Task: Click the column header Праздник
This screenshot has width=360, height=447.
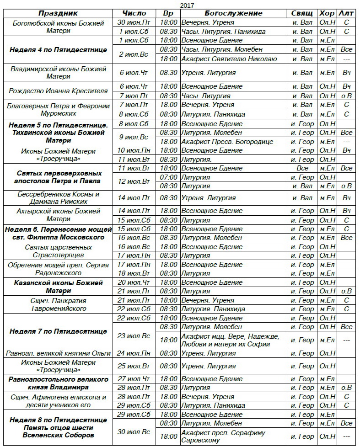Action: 58,13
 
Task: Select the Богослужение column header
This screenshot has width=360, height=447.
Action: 233,13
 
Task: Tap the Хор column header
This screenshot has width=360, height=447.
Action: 327,13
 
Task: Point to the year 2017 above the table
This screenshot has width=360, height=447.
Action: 187,5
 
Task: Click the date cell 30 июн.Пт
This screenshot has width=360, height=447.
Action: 134,22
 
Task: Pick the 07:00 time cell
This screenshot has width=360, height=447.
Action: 169,177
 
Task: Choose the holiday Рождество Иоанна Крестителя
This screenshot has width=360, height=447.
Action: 58,91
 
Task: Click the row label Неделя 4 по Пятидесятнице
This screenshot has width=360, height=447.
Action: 58,49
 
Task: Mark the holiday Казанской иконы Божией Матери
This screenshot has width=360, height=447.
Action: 58,287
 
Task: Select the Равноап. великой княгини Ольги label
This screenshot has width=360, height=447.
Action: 58,353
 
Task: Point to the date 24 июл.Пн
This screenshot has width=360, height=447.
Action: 134,353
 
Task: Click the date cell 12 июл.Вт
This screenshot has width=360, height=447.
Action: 134,181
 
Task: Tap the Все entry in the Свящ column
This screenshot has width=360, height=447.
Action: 302,168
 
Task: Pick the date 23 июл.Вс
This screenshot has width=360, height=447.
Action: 134,335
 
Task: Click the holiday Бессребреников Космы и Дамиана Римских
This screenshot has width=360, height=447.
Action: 58,198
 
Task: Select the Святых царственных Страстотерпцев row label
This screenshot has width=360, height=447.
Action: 58,251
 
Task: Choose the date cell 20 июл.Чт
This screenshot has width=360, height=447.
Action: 134,282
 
